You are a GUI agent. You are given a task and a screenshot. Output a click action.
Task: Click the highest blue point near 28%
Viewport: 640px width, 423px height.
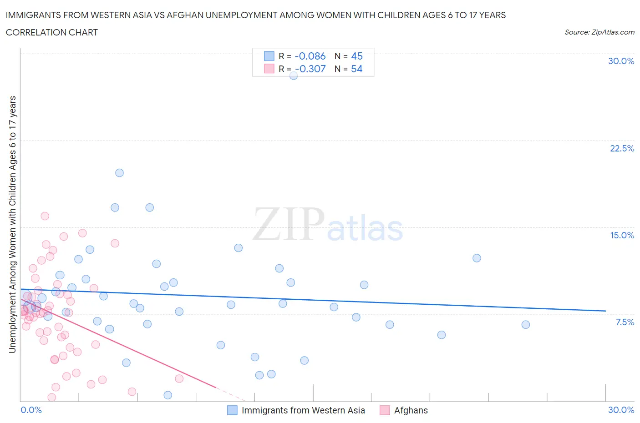294,76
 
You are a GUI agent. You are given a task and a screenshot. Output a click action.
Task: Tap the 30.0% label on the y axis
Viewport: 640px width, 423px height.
621,61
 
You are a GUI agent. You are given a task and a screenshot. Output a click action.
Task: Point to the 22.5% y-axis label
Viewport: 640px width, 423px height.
622,148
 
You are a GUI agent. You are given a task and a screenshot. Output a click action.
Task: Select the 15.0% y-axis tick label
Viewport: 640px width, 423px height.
622,235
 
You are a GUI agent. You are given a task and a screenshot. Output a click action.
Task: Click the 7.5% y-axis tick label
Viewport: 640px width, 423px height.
625,322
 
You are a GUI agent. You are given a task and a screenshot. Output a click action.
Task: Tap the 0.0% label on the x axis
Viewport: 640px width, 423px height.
31,410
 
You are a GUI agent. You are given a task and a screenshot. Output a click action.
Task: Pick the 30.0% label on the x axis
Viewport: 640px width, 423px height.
621,410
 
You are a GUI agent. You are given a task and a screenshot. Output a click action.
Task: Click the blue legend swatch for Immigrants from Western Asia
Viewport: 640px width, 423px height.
232,410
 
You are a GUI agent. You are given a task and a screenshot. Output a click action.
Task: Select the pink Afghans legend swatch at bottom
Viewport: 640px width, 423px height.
385,410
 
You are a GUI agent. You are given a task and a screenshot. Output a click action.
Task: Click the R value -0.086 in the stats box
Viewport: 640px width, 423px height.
310,56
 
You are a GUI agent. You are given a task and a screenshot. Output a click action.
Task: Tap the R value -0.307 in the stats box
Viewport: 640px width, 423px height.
310,69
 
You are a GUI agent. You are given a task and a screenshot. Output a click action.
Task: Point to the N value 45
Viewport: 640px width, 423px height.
357,56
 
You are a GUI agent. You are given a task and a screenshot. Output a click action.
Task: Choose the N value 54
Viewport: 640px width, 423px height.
357,69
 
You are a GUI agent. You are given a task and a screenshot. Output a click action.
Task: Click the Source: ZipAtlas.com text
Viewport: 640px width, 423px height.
599,32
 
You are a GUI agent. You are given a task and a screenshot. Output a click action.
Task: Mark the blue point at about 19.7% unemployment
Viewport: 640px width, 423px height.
119,173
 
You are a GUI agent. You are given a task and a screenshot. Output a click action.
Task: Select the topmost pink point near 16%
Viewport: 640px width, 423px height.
45,216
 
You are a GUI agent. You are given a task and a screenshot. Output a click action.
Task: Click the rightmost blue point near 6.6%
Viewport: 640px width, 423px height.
526,325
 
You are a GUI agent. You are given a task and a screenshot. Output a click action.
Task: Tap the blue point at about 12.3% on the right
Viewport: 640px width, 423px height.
477,258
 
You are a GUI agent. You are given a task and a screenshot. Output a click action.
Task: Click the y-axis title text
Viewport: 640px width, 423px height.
12,224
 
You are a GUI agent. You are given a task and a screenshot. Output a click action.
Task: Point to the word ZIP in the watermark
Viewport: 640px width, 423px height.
289,224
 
